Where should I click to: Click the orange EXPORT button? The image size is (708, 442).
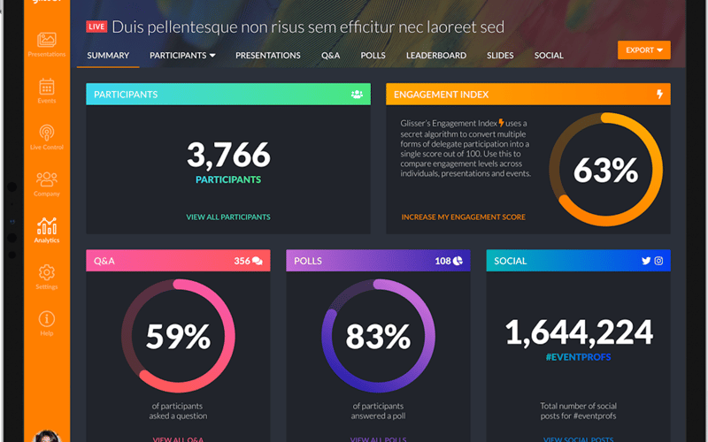[643, 50]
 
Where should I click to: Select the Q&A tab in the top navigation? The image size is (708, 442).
[330, 56]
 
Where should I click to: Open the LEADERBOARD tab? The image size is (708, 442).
[436, 56]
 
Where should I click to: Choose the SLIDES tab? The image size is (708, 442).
[500, 56]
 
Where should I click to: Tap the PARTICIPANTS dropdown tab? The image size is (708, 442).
[182, 56]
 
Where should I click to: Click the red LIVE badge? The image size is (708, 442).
[96, 27]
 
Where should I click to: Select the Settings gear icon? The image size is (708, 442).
[47, 273]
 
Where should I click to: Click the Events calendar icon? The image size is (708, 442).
[47, 87]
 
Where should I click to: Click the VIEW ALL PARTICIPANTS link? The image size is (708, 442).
[228, 217]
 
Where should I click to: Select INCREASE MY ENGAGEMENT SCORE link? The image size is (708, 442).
[463, 217]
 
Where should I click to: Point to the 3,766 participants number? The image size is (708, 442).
[228, 156]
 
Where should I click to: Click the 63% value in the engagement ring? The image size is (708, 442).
[605, 170]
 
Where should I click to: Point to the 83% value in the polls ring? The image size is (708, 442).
[378, 336]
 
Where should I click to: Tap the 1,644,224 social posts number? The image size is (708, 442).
[579, 332]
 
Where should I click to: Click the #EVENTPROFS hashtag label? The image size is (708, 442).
[579, 357]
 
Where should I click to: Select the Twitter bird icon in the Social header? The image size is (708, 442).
[646, 261]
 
